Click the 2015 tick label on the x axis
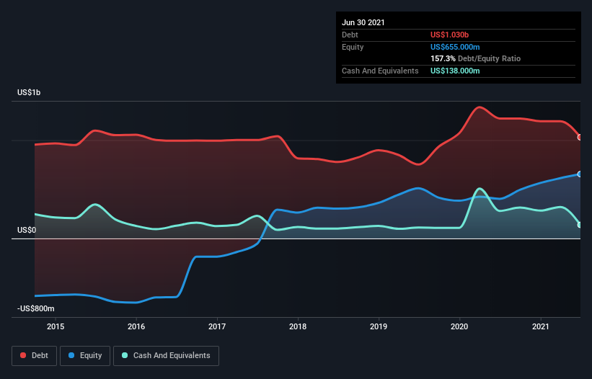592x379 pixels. [x=56, y=326]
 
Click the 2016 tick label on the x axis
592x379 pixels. [x=136, y=326]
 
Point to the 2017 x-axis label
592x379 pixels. [x=217, y=326]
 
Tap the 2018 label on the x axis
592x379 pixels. [x=298, y=326]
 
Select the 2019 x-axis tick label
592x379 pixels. [x=379, y=326]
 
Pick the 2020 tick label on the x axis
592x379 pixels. [x=459, y=326]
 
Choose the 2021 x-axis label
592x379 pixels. [x=540, y=326]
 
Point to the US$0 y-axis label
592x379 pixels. [x=28, y=231]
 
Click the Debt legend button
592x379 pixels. [x=34, y=356]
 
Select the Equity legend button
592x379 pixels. [x=86, y=356]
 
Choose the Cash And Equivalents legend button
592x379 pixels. [x=166, y=356]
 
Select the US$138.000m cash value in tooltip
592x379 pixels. [x=455, y=71]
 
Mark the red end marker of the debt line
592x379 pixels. [x=580, y=137]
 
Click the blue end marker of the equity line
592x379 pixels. [x=580, y=174]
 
